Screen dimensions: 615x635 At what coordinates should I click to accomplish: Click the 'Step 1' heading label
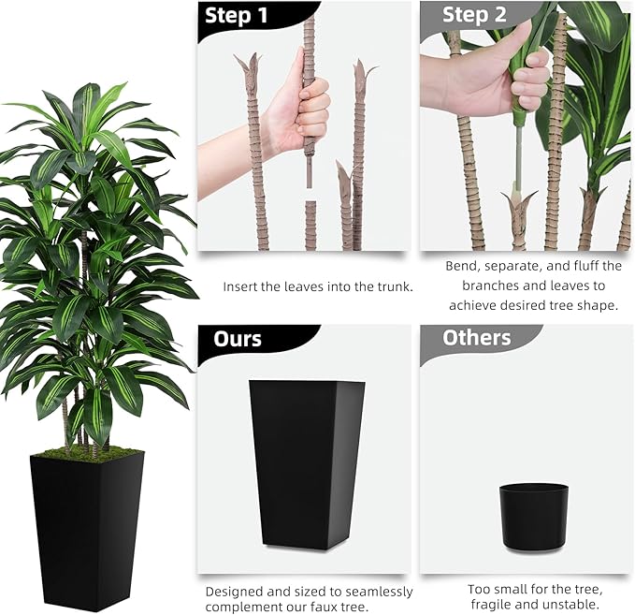(x=235, y=16)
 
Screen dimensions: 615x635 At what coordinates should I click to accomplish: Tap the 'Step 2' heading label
(x=474, y=15)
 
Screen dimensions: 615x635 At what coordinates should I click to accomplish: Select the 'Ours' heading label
(x=238, y=338)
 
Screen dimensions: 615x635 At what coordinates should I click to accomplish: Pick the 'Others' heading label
(x=476, y=338)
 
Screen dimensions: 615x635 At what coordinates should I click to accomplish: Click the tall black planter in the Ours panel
(x=305, y=462)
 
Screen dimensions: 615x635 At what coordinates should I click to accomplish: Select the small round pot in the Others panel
(x=533, y=513)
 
